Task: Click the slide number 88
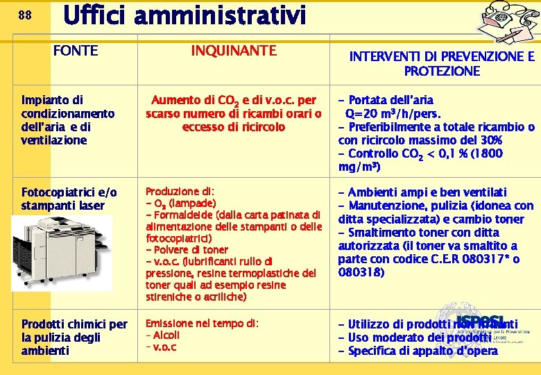coord(24,15)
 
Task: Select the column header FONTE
coord(76,51)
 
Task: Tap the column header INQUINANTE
coord(233,50)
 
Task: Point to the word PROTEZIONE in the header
coord(442,71)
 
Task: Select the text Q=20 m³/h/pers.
coord(393,114)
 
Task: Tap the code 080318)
coord(361,272)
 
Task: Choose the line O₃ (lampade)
coord(184,203)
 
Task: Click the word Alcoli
coord(166,335)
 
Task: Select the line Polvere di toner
coord(187,249)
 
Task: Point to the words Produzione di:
coord(180,191)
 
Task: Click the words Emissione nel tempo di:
coord(201,324)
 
